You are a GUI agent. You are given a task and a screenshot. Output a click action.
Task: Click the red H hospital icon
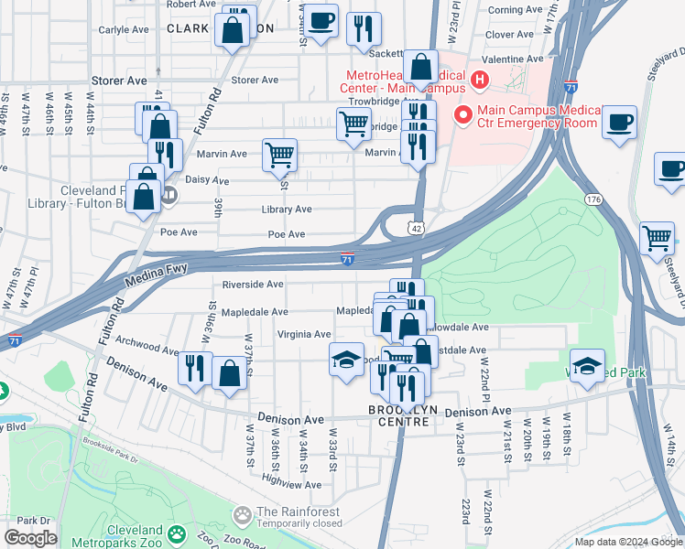pos(477,81)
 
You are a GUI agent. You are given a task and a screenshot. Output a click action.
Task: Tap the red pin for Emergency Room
pos(462,116)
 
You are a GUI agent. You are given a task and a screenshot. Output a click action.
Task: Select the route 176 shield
pos(593,199)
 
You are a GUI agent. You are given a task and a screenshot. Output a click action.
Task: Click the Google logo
pos(30,538)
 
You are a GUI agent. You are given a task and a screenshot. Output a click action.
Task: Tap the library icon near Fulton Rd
pos(168,195)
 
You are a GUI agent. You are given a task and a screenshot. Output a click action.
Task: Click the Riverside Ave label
pos(254,285)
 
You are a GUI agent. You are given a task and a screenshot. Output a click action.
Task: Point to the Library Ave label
pos(286,210)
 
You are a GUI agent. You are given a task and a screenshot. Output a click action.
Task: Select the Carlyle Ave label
pos(124,29)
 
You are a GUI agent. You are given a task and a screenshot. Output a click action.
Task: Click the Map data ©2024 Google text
pos(628,542)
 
